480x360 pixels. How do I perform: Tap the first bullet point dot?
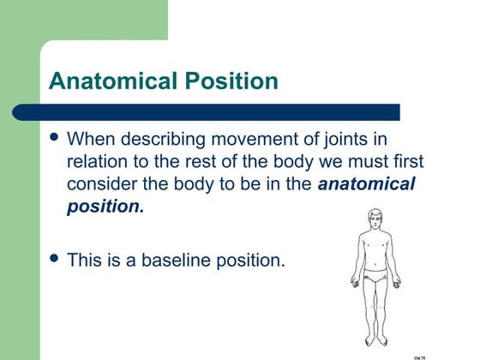click(x=57, y=137)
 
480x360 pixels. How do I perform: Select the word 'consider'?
click(x=102, y=184)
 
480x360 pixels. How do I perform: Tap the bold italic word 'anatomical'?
click(x=366, y=184)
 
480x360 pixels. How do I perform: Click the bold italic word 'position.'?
click(x=105, y=207)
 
